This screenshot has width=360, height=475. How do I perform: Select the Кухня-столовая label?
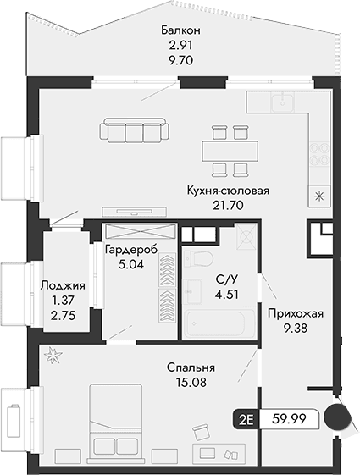tap(228, 191)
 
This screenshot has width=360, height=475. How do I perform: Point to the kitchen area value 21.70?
tap(228, 205)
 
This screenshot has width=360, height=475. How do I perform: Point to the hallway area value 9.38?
tap(296, 328)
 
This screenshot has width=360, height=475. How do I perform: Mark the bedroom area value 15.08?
tap(191, 382)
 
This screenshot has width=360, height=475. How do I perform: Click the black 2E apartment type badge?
tap(246, 418)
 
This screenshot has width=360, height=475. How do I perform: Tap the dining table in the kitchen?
tap(229, 148)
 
